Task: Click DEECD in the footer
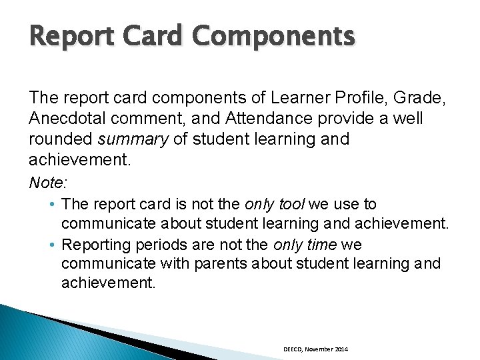click(x=292, y=349)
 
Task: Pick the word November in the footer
click(x=317, y=349)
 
